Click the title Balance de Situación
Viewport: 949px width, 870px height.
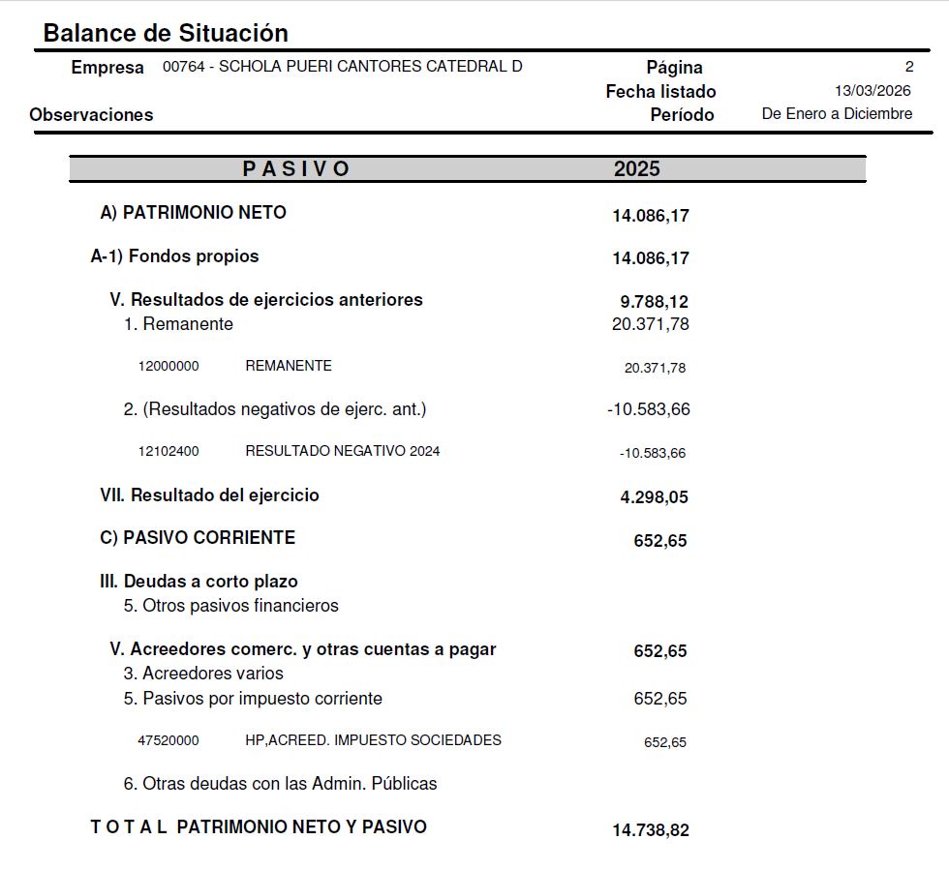point(166,33)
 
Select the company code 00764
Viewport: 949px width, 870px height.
point(182,67)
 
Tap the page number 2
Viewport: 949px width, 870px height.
point(908,68)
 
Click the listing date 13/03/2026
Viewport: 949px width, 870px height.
point(872,91)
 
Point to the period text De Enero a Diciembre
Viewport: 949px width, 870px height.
point(837,114)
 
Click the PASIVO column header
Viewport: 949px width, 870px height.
point(296,168)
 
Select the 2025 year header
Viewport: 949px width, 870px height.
point(636,168)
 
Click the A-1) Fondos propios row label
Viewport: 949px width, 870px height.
point(175,256)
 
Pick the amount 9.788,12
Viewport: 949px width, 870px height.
point(655,302)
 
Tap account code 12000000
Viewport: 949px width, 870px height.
point(168,367)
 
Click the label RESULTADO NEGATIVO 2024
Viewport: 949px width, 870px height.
point(343,451)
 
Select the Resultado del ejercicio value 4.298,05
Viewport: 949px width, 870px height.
point(655,497)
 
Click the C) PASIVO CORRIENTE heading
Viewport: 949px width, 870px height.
point(198,537)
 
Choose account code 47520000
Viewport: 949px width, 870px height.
point(168,740)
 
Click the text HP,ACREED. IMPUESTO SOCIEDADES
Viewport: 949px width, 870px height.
point(373,740)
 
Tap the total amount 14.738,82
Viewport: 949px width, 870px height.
point(651,830)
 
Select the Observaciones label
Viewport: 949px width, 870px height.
point(91,114)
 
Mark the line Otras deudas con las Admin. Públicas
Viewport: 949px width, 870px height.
point(280,784)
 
